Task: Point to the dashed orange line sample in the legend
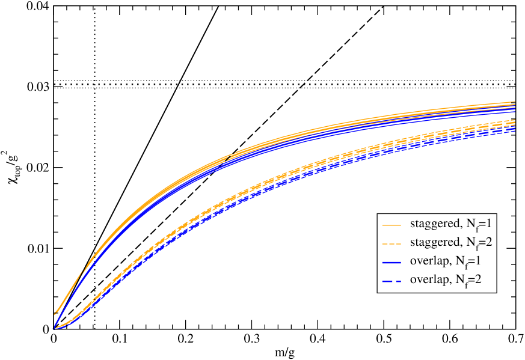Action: tap(391, 243)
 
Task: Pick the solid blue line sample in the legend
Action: tap(391, 262)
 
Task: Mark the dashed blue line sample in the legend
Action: tap(391, 281)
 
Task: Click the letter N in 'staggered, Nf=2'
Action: tap(471, 243)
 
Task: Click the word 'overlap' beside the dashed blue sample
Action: tap(429, 280)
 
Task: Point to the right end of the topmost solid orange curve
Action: tap(515, 102)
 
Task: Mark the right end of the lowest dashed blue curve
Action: tap(515, 132)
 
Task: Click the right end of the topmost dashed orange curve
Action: tap(515, 121)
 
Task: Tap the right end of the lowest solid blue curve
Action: tap(515, 112)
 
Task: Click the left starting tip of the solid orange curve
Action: tap(55, 313)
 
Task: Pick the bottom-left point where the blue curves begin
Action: tap(55, 328)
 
